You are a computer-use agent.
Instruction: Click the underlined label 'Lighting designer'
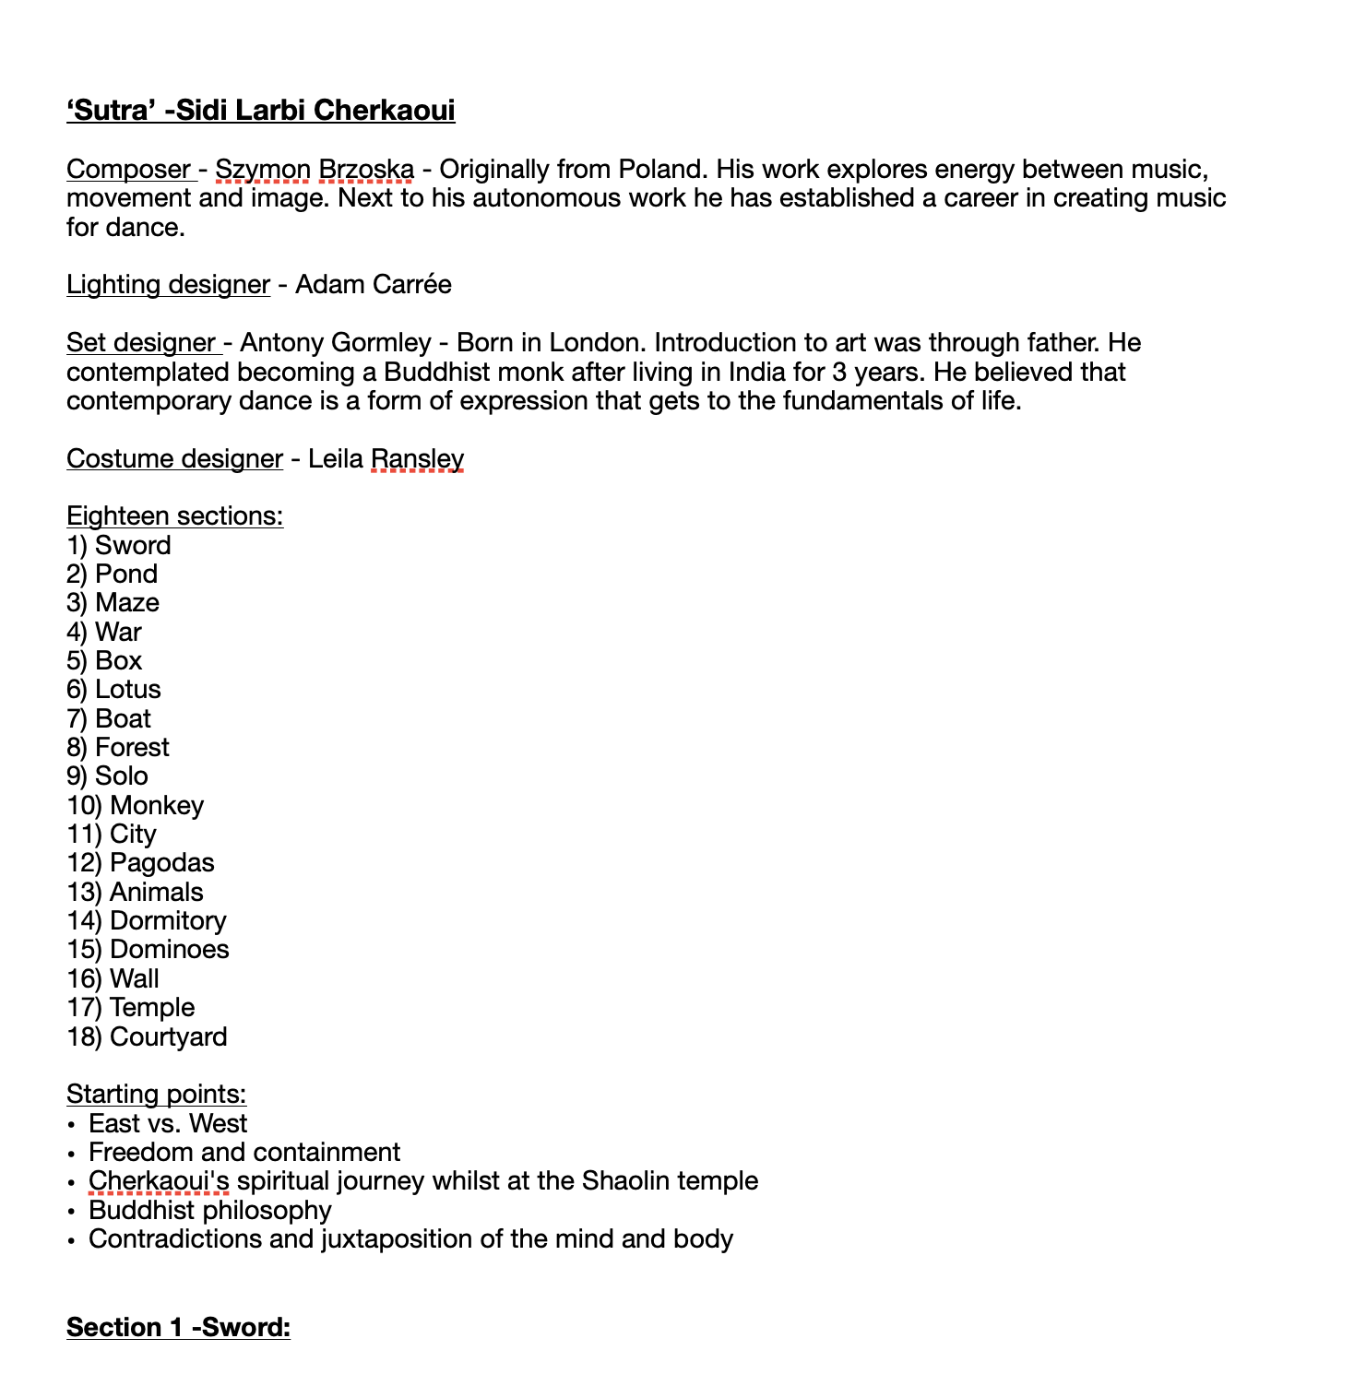tap(168, 285)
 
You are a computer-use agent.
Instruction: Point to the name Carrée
tap(412, 285)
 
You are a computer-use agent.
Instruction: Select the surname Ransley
tap(417, 459)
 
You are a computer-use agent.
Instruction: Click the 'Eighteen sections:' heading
tap(174, 516)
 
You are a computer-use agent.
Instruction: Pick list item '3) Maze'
tap(113, 603)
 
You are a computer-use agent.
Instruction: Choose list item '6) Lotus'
tap(113, 690)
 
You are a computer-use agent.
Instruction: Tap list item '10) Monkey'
tap(135, 806)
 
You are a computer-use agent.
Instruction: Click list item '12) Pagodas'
tap(140, 863)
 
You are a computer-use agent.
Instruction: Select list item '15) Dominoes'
tap(148, 950)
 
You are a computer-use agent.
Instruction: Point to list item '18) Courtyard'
tap(147, 1037)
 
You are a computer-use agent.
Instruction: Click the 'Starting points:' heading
tap(156, 1095)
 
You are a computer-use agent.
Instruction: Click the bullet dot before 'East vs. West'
tap(71, 1125)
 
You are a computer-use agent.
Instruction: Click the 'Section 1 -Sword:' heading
tap(178, 1328)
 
